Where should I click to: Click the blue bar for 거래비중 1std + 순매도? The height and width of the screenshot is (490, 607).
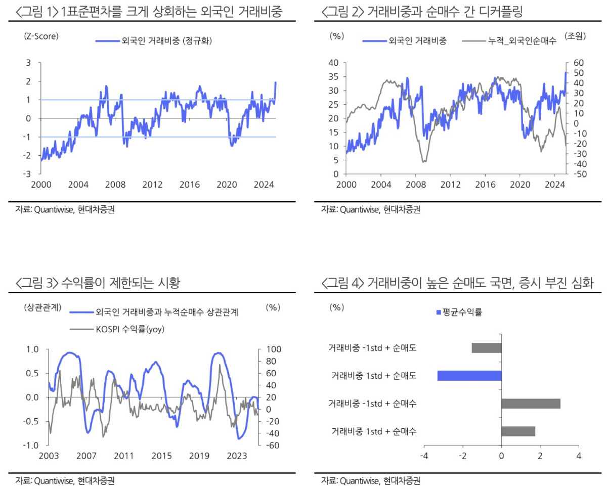coord(469,376)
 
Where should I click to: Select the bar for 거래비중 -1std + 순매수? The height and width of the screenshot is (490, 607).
coord(531,403)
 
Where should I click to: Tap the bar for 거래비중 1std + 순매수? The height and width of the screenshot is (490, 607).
coord(518,431)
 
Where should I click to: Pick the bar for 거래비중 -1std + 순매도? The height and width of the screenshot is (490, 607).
coord(487,348)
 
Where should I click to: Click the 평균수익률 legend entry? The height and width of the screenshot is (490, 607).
coord(458,312)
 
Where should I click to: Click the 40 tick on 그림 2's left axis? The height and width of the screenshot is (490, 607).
coord(334,63)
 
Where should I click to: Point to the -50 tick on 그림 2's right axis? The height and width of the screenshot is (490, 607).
coord(578,174)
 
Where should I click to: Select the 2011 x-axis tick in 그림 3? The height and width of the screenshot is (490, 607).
coord(123,456)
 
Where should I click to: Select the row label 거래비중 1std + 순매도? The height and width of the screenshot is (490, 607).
coord(374,376)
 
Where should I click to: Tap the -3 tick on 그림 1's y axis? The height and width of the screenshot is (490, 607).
coord(28,174)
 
